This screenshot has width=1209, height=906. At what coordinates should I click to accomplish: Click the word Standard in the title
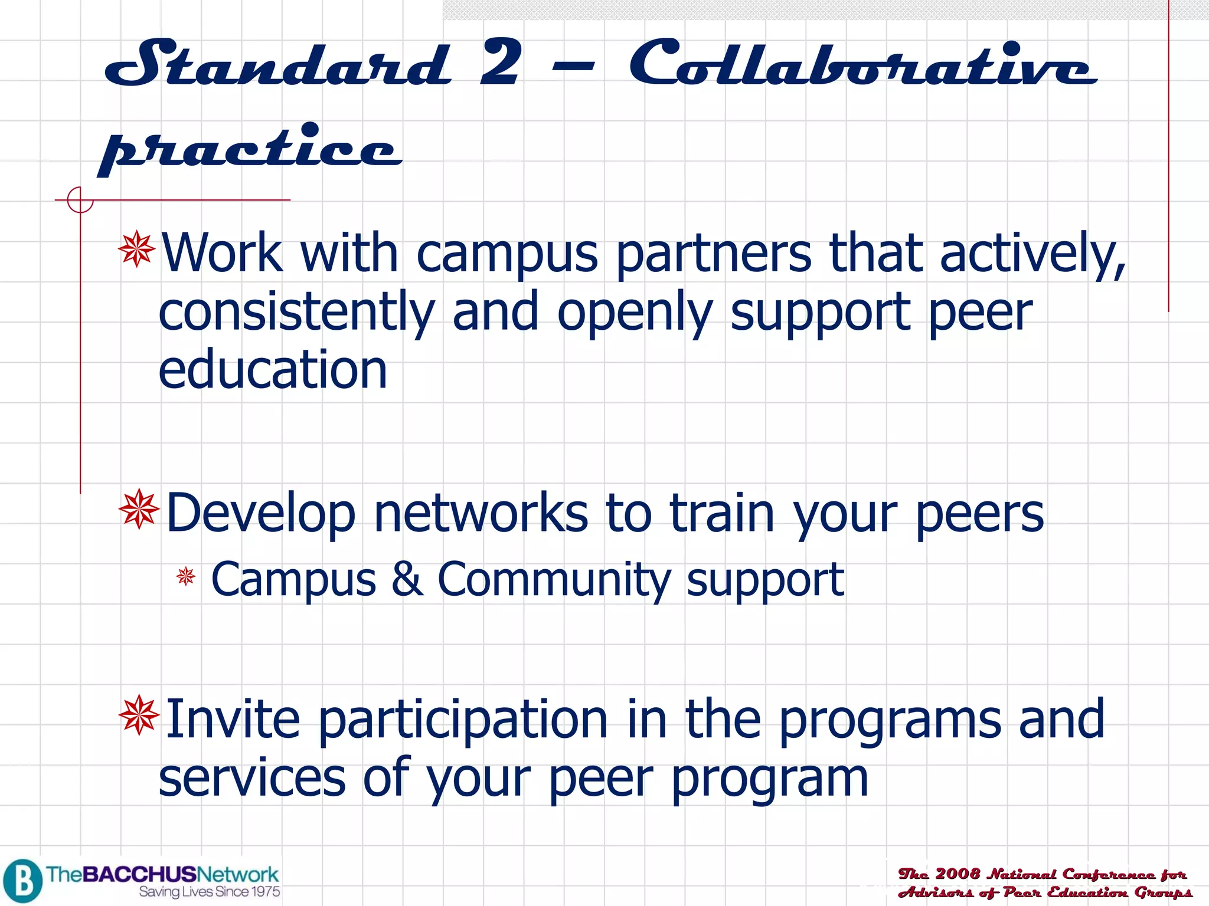277,64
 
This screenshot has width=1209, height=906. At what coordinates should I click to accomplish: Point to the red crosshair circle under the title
80,200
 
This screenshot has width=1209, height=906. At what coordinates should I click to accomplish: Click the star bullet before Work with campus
137,250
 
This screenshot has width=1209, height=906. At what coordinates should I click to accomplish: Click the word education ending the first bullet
273,370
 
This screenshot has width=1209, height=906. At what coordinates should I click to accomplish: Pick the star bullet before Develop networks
139,508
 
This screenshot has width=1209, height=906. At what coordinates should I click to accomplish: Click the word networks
481,513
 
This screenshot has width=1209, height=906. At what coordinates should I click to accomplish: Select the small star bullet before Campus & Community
186,576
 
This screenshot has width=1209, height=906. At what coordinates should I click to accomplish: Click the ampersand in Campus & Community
407,579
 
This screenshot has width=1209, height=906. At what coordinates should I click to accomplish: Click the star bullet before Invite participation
139,715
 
